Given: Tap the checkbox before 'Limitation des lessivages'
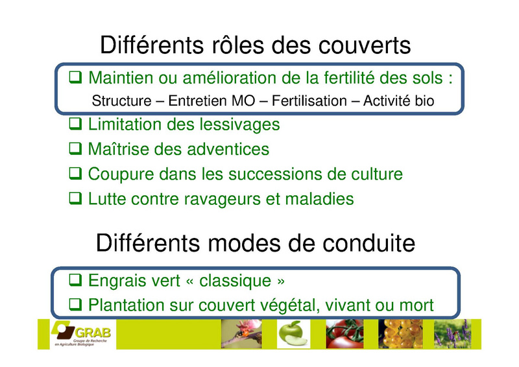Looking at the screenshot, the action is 75,124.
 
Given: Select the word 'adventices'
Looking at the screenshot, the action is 228,149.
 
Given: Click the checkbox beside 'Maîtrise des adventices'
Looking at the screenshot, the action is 75,148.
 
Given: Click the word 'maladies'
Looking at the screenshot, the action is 319,198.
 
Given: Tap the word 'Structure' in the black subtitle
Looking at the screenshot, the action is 121,101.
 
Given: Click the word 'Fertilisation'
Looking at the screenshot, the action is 309,101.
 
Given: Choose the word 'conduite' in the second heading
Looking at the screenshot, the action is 368,243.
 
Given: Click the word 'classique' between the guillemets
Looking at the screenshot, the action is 235,281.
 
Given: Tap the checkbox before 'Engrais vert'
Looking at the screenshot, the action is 75,280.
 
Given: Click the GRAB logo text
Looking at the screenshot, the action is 93,332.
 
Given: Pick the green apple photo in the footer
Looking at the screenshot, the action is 293,334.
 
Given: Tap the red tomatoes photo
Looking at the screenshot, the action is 344,334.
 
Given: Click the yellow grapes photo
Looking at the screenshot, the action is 400,334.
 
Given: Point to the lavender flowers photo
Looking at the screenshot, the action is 452,334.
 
